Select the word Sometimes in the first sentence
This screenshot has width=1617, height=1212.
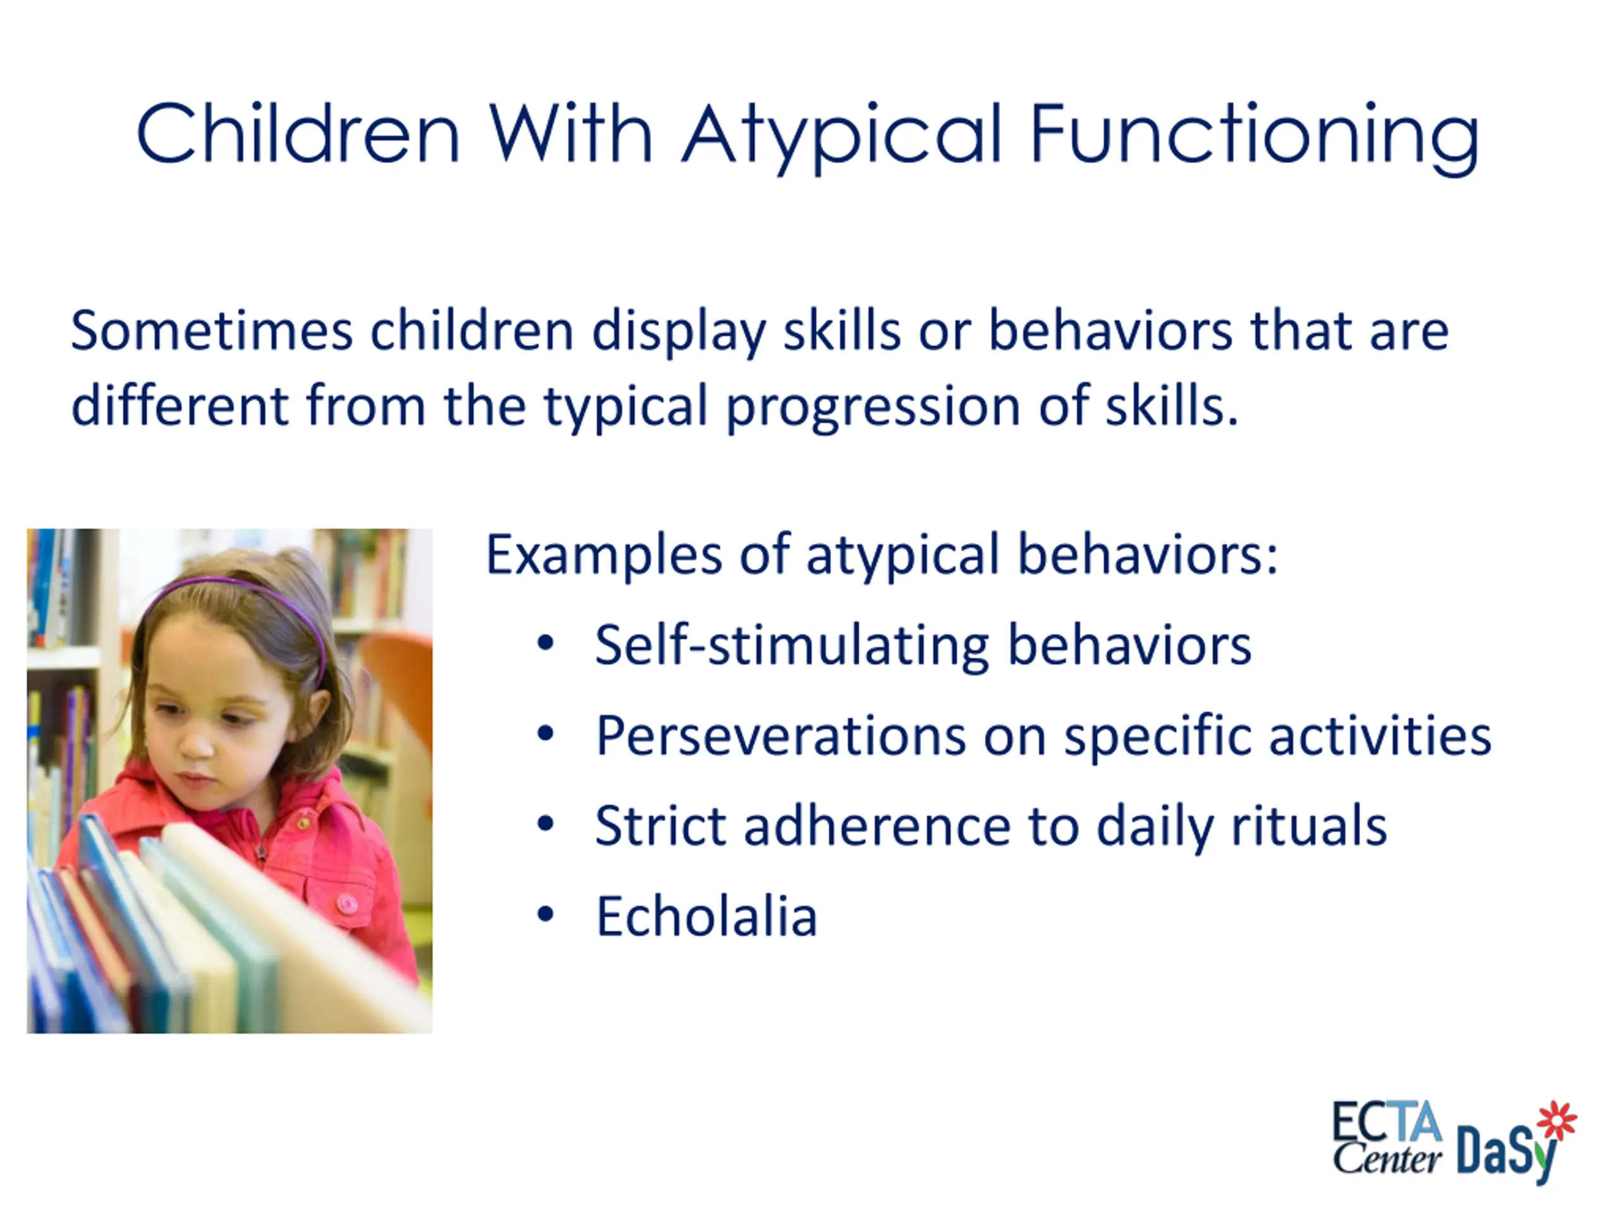tap(212, 331)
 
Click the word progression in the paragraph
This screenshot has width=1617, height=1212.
tap(874, 406)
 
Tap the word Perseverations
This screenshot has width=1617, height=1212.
tap(781, 737)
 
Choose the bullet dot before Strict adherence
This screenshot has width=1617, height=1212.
tap(545, 824)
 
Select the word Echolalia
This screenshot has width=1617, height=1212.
tap(706, 916)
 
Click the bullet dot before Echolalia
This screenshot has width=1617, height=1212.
tap(545, 915)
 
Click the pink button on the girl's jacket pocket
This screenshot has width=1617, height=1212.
tap(347, 904)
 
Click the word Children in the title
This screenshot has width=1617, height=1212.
tap(298, 134)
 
